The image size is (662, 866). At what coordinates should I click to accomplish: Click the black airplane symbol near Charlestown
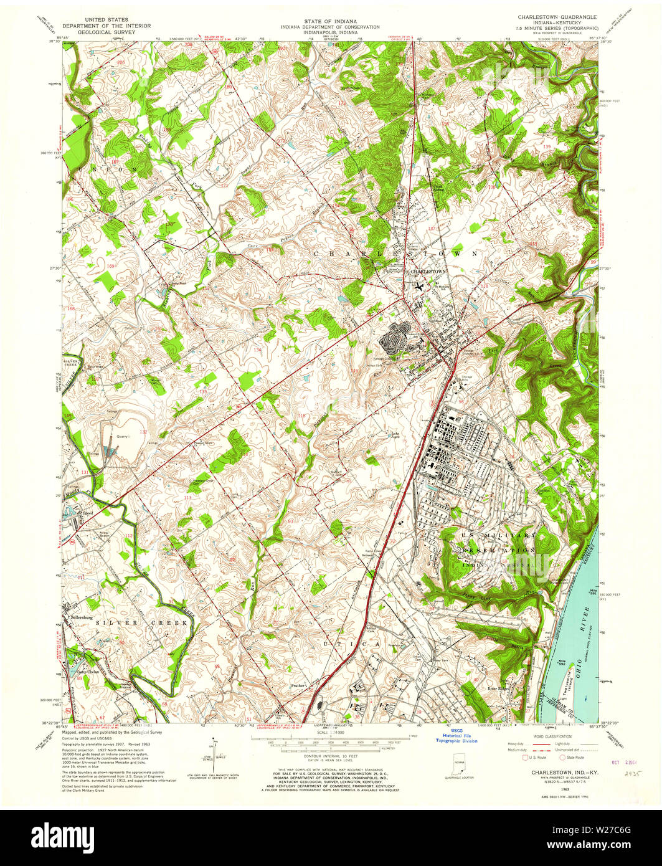(x=420, y=287)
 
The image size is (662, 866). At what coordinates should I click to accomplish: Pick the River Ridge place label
(x=499, y=688)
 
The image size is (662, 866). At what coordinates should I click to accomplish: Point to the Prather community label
(x=298, y=685)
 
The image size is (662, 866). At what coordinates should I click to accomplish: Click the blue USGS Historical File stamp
(x=456, y=736)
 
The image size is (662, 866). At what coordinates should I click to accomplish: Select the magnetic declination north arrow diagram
(x=212, y=751)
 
